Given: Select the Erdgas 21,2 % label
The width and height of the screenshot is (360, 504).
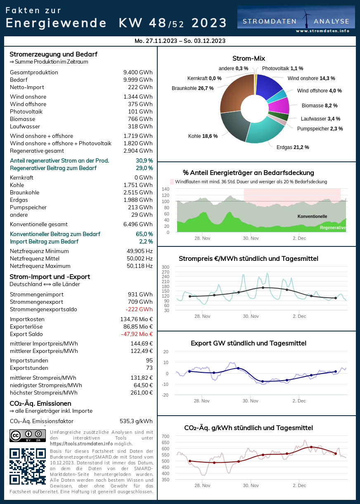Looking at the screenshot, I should click(293, 147).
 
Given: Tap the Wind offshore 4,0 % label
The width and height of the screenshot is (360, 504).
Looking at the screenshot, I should click(319, 91).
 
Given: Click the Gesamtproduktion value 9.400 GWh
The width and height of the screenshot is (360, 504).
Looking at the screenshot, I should click(138, 73).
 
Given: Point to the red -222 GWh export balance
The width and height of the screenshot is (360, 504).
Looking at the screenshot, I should click(139, 310).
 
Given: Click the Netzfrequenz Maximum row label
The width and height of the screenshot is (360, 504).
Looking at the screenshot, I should click(40, 266).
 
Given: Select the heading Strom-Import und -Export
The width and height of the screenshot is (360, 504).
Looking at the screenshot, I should click(50, 277).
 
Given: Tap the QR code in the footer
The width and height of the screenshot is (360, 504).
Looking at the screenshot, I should click(27, 466).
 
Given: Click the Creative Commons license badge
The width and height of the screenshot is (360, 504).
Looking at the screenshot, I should click(28, 435).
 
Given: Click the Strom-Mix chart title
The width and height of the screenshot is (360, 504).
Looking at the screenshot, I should click(249, 59).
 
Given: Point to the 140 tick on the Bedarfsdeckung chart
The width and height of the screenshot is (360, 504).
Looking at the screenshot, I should click(165, 189).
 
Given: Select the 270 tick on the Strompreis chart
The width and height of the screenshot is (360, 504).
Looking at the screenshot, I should click(165, 272).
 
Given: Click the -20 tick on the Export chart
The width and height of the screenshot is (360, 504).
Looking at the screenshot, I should click(165, 395).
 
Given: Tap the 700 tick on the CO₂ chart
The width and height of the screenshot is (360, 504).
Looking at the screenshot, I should click(165, 436).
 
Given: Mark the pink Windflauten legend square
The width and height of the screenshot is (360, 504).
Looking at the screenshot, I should click(172, 182).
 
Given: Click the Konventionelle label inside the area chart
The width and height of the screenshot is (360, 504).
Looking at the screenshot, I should click(312, 216).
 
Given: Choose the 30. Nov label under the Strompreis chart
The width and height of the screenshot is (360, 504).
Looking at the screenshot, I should click(251, 316).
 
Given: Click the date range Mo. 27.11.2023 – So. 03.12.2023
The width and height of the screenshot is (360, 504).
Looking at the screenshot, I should click(180, 41).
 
